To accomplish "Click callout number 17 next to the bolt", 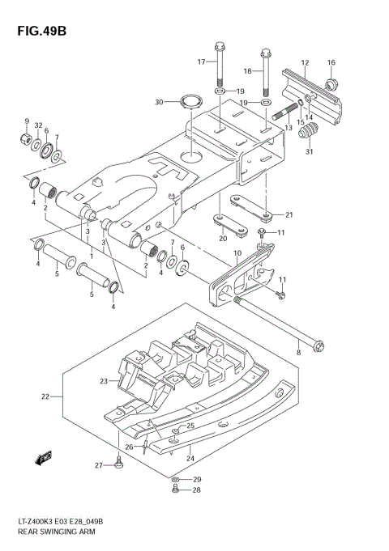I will (x=202, y=61).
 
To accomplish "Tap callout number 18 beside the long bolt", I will (x=248, y=71).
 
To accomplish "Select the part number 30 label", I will (x=160, y=102).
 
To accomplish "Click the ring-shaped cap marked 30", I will (x=191, y=102).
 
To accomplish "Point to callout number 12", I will (x=305, y=62).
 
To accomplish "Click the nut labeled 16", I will (x=331, y=83).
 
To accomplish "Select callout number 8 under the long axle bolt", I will (x=298, y=353).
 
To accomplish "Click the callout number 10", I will (x=237, y=253).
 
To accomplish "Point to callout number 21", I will (x=289, y=214).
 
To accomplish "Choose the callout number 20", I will (x=222, y=239).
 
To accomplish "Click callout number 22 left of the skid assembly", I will (x=46, y=396).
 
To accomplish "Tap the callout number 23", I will (x=105, y=381).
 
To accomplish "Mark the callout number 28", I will (x=197, y=490).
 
